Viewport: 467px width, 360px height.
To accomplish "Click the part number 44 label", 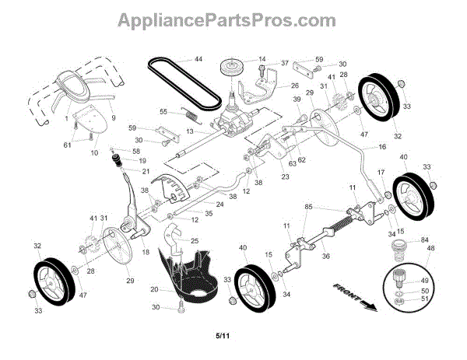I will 198,60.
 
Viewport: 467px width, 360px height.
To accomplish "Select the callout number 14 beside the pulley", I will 262,59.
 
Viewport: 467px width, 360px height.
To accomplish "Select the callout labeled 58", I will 137,151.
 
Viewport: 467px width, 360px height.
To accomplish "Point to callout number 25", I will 195,242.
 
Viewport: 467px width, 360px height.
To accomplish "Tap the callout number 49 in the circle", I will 424,281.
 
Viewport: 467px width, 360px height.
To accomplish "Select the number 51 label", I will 424,299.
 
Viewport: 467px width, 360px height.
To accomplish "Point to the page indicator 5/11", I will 222,336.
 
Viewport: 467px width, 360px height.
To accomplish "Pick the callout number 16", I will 382,146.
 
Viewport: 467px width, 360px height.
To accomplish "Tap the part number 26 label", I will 295,86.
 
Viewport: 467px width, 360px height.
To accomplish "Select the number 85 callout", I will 307,207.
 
